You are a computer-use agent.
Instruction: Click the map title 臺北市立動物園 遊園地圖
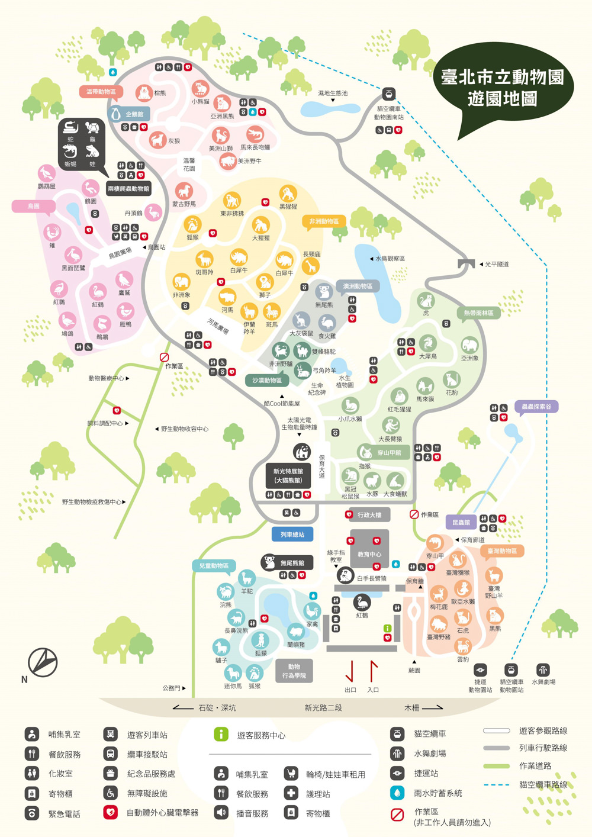[x=503, y=87]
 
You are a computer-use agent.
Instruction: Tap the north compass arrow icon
[x=43, y=661]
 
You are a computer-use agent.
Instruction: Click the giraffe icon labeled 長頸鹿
[x=311, y=266]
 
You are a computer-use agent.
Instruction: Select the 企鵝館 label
[x=130, y=114]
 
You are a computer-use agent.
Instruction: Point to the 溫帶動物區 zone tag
[x=101, y=92]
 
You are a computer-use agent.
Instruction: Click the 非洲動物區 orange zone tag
[x=324, y=221]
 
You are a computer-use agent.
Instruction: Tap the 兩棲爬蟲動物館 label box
[x=128, y=189]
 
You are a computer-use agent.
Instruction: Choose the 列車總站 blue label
[x=292, y=535]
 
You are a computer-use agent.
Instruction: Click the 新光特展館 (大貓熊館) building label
[x=288, y=475]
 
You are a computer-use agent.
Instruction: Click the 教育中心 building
[x=369, y=554]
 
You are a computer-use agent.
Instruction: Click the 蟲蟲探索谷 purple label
[x=536, y=407]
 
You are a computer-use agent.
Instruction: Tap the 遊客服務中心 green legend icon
[x=221, y=735]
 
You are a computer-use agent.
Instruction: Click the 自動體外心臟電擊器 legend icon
[x=110, y=813]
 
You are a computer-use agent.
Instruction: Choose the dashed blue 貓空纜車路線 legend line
[x=496, y=785]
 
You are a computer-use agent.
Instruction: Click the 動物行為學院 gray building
[x=294, y=671]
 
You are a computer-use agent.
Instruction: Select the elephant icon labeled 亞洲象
[x=469, y=345]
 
